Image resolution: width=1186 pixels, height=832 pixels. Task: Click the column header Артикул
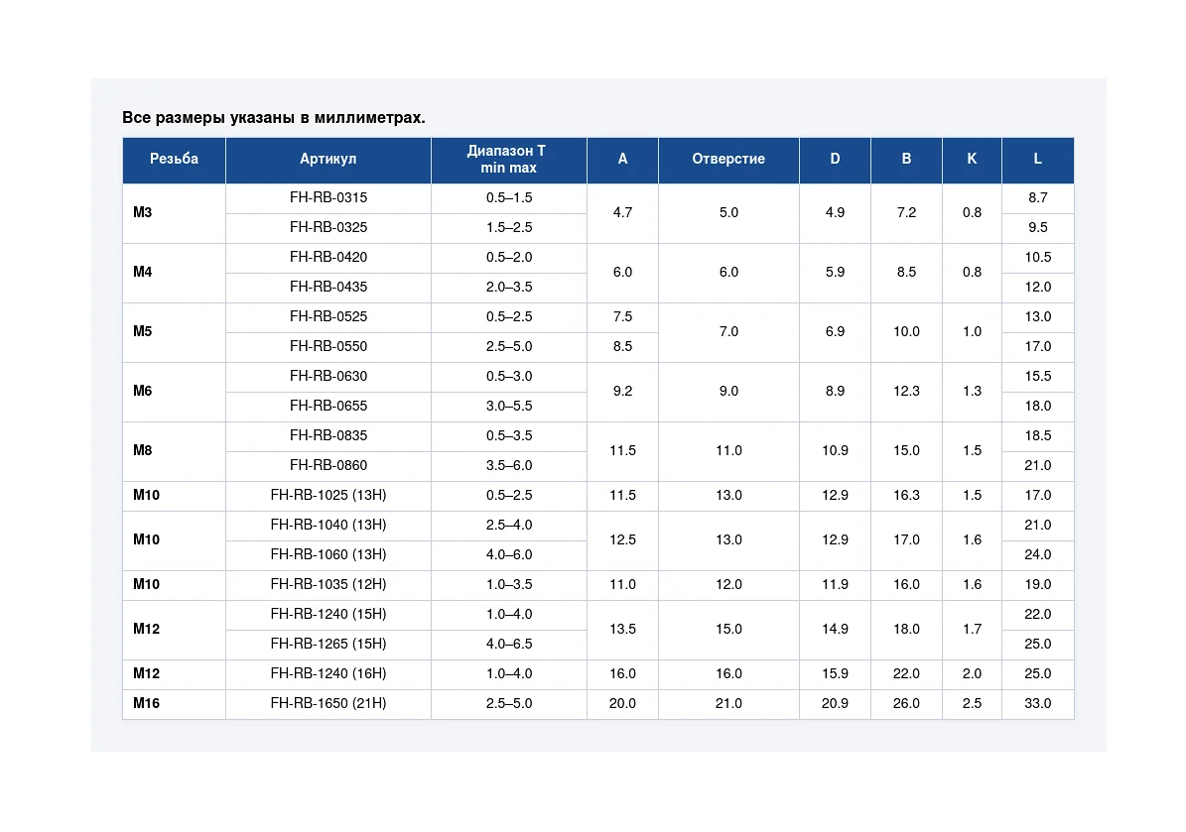328,159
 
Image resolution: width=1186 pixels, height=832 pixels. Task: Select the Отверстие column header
728,159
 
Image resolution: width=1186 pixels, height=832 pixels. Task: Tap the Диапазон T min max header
508,159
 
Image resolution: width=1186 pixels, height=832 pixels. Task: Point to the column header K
972,159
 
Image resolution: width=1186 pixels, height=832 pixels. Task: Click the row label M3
142,212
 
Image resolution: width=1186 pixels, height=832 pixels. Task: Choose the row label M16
146,703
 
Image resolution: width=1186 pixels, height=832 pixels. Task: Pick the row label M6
142,391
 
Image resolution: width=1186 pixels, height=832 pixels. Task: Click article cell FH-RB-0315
329,197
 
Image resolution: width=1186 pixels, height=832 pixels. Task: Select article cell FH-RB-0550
329,346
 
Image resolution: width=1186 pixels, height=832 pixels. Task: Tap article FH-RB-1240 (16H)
329,673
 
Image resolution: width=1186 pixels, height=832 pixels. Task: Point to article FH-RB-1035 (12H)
329,584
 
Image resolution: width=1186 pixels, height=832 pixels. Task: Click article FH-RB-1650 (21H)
329,703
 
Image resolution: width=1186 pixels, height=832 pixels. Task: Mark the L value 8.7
1038,197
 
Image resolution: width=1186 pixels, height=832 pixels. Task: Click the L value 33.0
1038,703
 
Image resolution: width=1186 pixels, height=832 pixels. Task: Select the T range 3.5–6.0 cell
509,465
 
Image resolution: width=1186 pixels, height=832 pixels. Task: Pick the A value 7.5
622,316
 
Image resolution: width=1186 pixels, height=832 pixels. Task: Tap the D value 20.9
835,703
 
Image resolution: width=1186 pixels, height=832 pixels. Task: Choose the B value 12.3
906,391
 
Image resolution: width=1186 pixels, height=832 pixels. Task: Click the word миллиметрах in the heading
370,118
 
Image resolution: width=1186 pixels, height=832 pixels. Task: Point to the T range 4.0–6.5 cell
509,644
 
